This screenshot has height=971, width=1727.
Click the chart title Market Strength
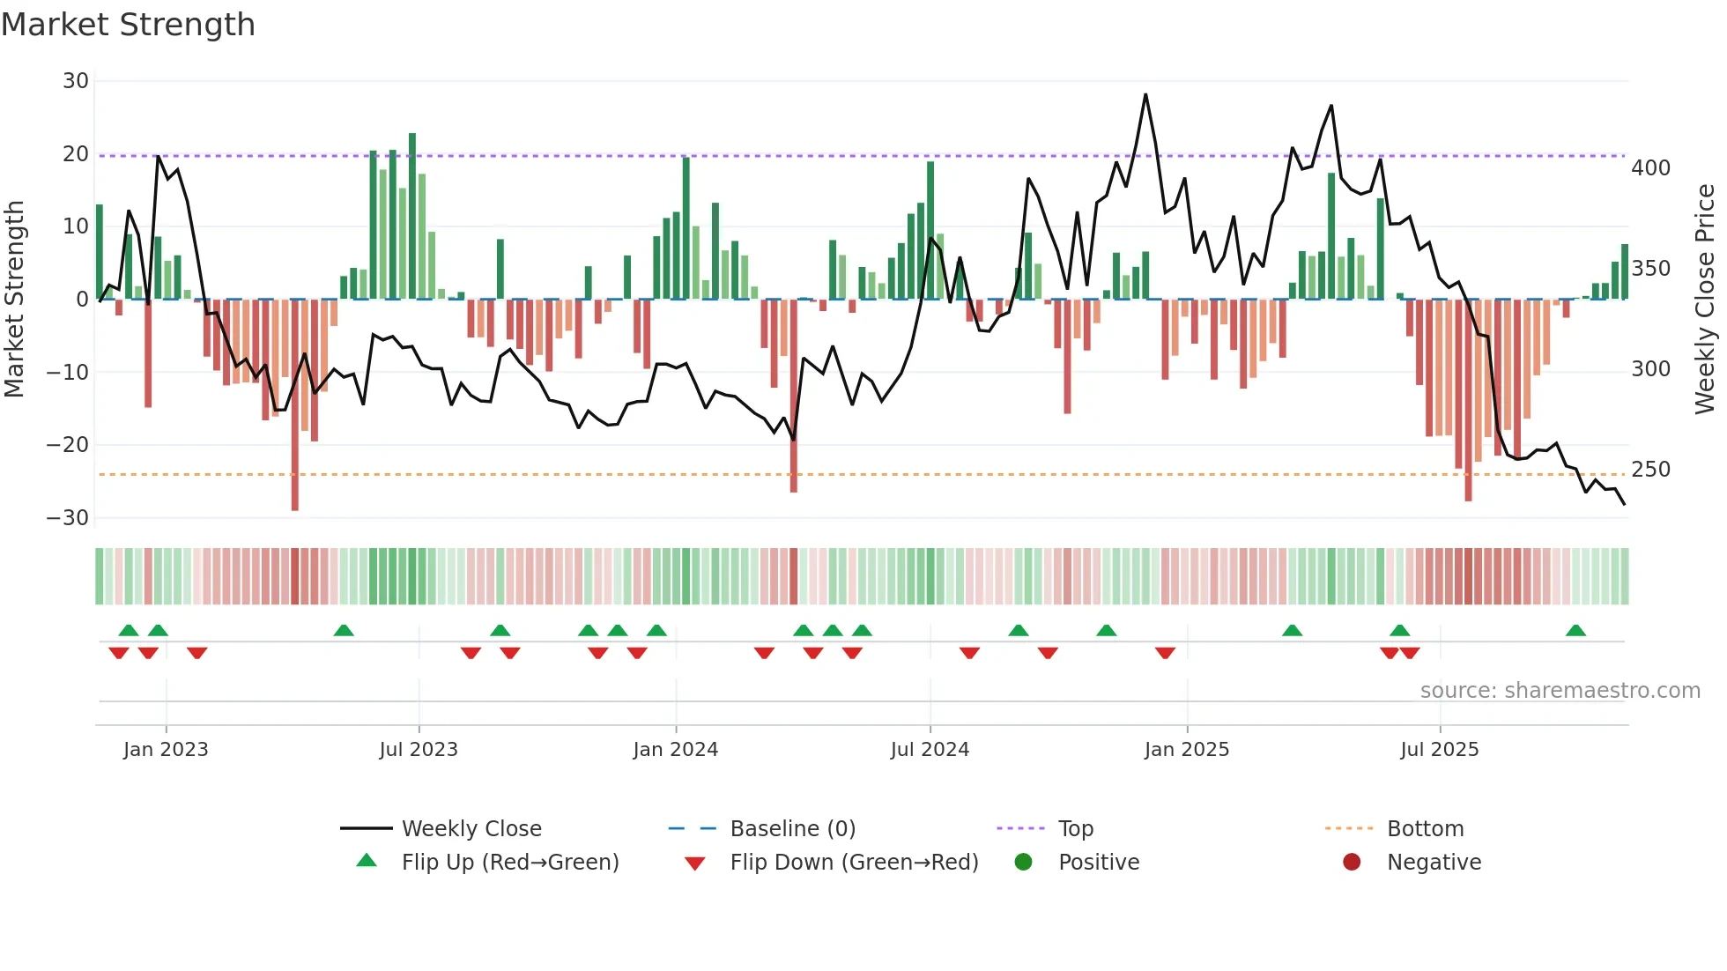(128, 25)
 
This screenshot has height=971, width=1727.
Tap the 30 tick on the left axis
(76, 81)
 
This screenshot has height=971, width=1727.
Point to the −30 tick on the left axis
(68, 518)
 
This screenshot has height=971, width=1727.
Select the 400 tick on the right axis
(1650, 168)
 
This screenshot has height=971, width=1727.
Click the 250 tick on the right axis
(1650, 470)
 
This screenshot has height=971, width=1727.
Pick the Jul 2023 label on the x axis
(419, 750)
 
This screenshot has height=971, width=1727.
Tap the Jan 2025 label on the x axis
(1186, 750)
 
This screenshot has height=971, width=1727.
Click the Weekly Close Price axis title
(1705, 300)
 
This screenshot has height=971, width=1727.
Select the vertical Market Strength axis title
(14, 300)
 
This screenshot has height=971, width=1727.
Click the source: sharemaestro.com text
(1560, 691)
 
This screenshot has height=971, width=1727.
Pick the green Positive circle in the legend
(1023, 863)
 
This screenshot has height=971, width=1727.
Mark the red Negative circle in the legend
(1352, 863)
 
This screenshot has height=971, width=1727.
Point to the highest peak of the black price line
(1145, 95)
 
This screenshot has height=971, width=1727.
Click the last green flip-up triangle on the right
(1575, 631)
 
